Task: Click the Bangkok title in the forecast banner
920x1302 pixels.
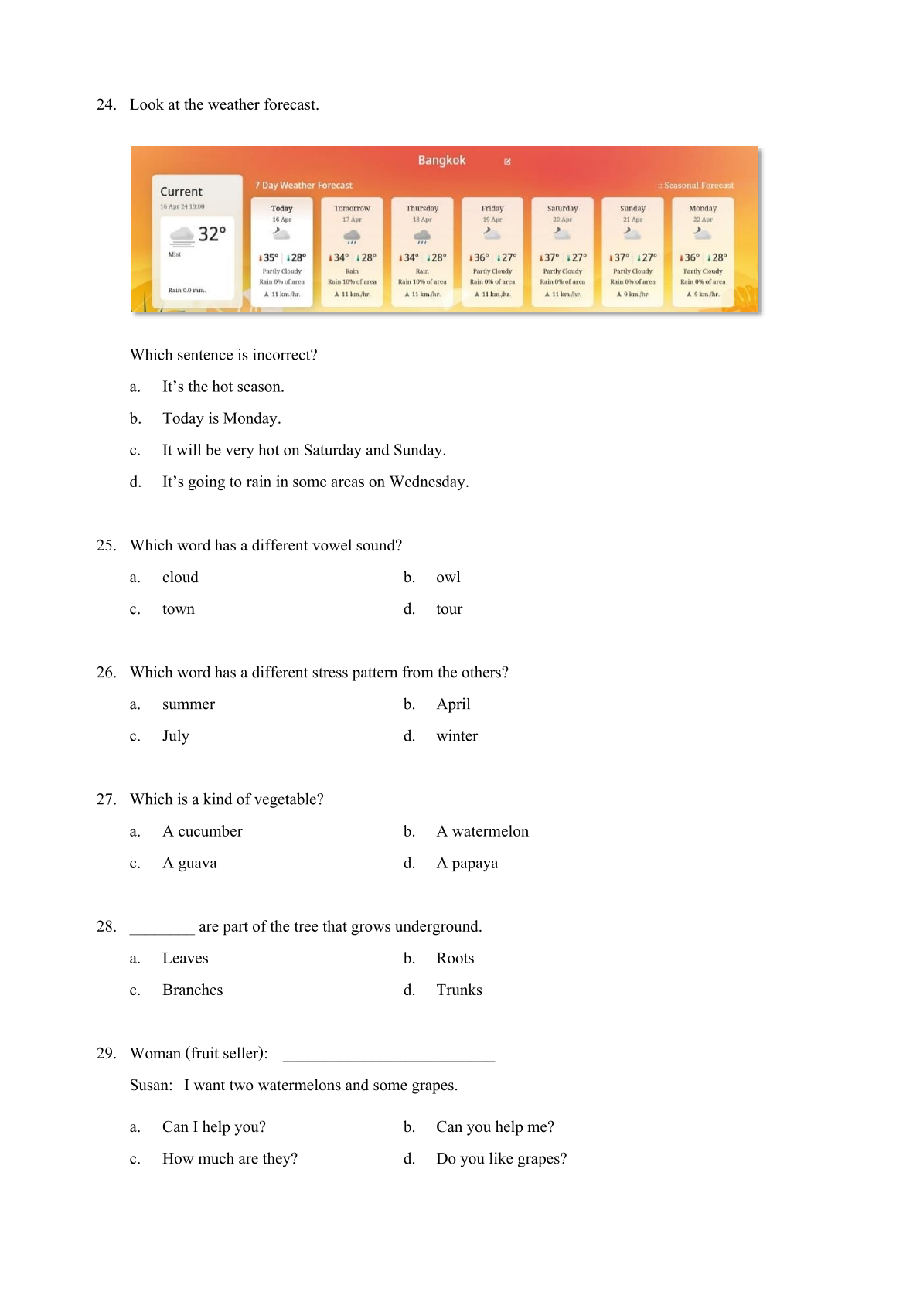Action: [x=441, y=160]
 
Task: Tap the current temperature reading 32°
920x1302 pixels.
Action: [x=212, y=233]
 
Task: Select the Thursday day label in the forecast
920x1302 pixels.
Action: [x=422, y=208]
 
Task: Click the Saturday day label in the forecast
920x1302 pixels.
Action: [x=562, y=208]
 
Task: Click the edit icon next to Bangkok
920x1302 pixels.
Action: [x=507, y=162]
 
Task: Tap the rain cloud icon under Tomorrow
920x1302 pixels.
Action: [x=352, y=236]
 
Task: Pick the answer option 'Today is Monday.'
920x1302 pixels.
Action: [x=221, y=418]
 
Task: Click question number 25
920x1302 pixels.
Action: [x=106, y=545]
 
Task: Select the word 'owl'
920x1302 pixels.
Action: [x=448, y=578]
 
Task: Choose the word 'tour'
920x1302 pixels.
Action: [x=449, y=609]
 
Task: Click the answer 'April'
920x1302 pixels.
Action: [x=453, y=704]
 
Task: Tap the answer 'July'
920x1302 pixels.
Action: [x=175, y=736]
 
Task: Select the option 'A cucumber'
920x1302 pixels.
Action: [x=203, y=831]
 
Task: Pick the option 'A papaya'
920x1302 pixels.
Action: [x=467, y=863]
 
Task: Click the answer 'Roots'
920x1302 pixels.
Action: [x=455, y=959]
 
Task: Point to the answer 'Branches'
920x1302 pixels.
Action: [x=193, y=990]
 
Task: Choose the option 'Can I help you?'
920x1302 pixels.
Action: [x=214, y=1127]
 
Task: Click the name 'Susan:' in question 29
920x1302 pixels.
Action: [x=152, y=1086]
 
